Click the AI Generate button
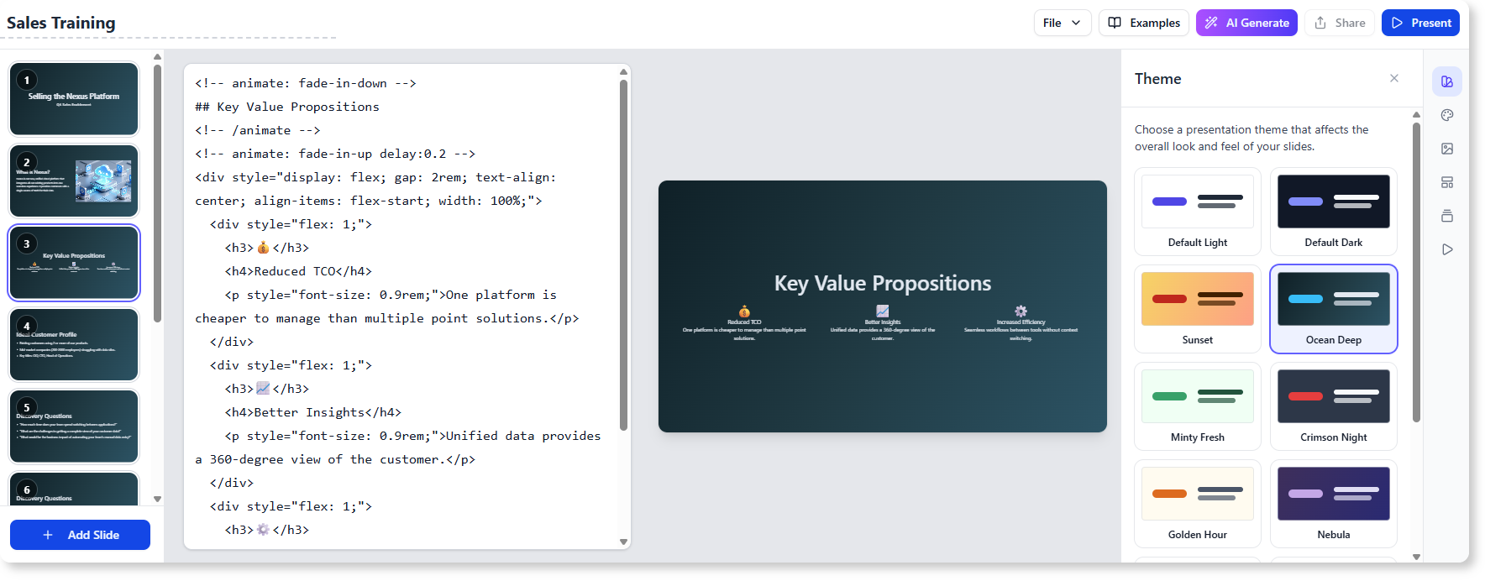point(1246,23)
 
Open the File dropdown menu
point(1062,23)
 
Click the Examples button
point(1144,23)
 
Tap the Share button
point(1340,23)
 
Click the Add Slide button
point(81,535)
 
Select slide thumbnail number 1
point(74,99)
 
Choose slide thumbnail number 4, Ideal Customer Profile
point(74,345)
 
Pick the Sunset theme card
point(1198,309)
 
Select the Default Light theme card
point(1198,212)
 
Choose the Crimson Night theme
point(1334,406)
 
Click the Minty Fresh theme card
point(1198,406)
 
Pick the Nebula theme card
point(1334,504)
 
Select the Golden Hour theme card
point(1198,504)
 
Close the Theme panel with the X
point(1394,78)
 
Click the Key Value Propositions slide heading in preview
point(882,283)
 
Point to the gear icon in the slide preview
point(1021,311)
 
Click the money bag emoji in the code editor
point(263,248)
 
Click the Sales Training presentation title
point(61,23)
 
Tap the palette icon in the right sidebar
point(1447,115)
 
